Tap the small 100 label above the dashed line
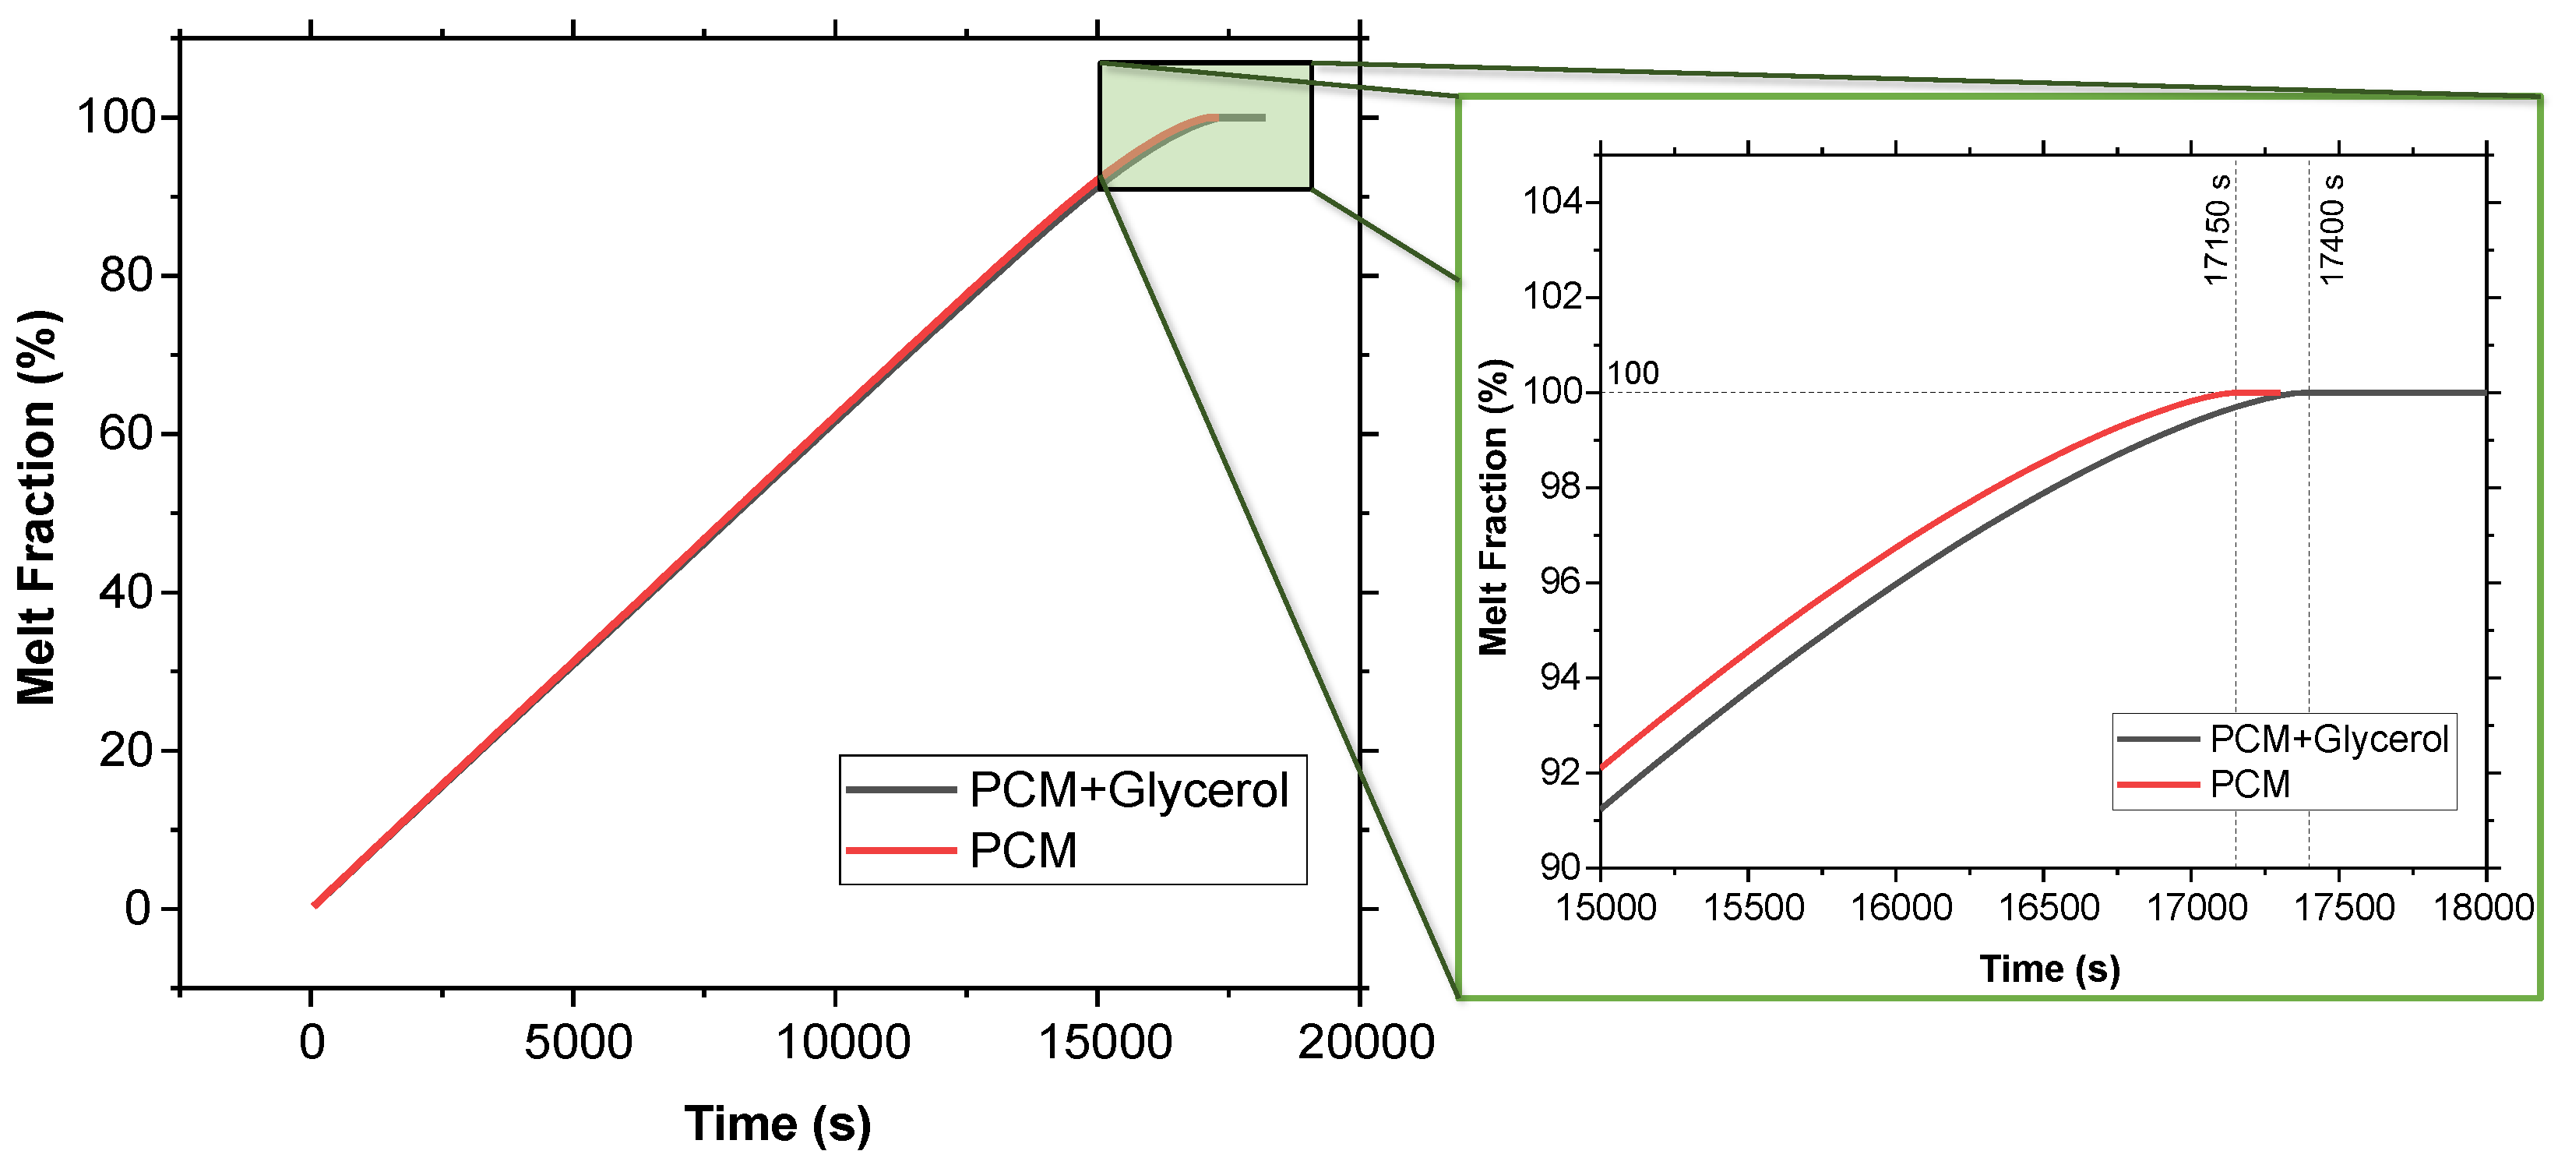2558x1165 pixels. (1633, 373)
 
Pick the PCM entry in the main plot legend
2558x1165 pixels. (1022, 851)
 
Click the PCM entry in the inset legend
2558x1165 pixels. (2250, 785)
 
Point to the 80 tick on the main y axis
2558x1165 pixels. (126, 275)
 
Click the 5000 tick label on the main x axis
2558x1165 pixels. (578, 1043)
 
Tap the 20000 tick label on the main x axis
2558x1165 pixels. (1365, 1043)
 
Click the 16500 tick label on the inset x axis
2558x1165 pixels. (2049, 907)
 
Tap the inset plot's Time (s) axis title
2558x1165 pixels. (2049, 969)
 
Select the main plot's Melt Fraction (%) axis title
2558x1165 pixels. (37, 507)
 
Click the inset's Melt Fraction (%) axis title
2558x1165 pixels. (1493, 507)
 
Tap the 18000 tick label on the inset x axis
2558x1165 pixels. (2482, 907)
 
